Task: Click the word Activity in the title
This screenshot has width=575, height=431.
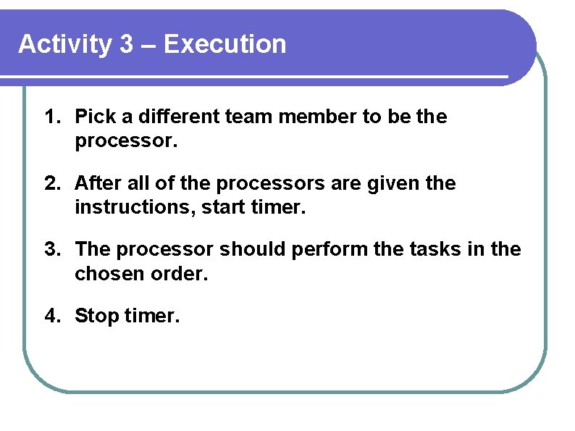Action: click(65, 45)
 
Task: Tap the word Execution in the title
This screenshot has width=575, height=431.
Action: click(225, 45)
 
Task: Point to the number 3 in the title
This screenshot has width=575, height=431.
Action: click(127, 45)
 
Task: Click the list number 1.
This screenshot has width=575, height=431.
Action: click(51, 117)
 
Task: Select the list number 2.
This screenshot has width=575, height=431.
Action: click(51, 184)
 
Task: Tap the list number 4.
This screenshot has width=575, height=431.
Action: click(51, 316)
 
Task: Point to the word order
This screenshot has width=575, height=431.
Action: click(177, 275)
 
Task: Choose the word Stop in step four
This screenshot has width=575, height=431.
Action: click(96, 317)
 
